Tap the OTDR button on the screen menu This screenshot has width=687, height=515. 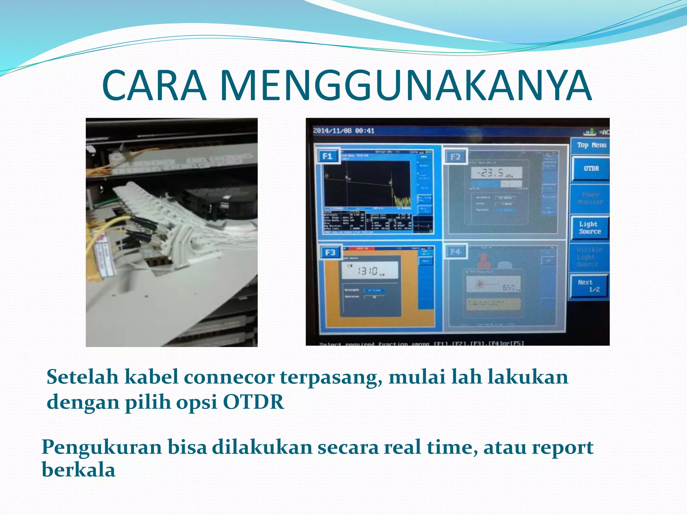pos(591,168)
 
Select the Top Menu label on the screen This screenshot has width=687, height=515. pos(591,145)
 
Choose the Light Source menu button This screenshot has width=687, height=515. pos(590,228)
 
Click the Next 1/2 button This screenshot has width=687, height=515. pos(589,286)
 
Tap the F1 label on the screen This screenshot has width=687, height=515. pos(327,156)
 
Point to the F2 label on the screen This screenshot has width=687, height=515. pos(455,157)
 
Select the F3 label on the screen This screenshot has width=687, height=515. pos(330,252)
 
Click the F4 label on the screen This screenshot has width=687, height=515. pos(455,251)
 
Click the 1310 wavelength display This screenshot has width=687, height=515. pos(368,271)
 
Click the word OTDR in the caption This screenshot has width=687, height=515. pos(253,402)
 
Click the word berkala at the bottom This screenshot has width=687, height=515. pos(78,470)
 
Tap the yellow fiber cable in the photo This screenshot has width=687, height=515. pos(111,221)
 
